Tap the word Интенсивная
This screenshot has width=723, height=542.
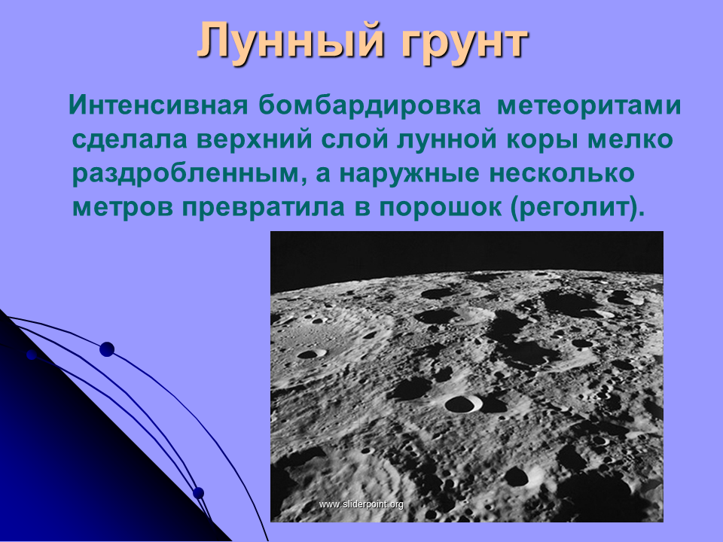tap(158, 105)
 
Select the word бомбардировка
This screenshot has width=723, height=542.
tap(371, 105)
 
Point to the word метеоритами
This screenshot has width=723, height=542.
tap(589, 106)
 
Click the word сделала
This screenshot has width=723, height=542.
tap(130, 140)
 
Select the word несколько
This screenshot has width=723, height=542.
tap(562, 174)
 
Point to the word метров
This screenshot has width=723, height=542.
tap(123, 209)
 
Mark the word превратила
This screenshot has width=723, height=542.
tap(264, 208)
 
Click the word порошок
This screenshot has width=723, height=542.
tap(441, 209)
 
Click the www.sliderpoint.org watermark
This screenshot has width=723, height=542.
tap(361, 504)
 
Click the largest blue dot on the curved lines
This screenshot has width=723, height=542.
tap(107, 349)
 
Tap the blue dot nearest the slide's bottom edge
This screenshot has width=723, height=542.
tap(198, 492)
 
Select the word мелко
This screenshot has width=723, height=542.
tap(629, 141)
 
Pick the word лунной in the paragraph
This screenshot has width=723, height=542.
tap(446, 141)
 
